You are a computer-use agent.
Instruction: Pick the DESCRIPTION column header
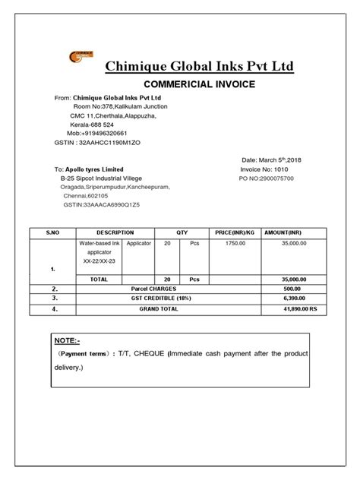115,232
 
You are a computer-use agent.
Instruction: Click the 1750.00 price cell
235,243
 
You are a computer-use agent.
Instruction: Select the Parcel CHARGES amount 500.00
292,289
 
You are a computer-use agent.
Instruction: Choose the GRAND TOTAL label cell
159,309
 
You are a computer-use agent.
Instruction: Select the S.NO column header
52,232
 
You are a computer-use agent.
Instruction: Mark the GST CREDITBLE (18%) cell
159,299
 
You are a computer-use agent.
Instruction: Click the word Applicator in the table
139,243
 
